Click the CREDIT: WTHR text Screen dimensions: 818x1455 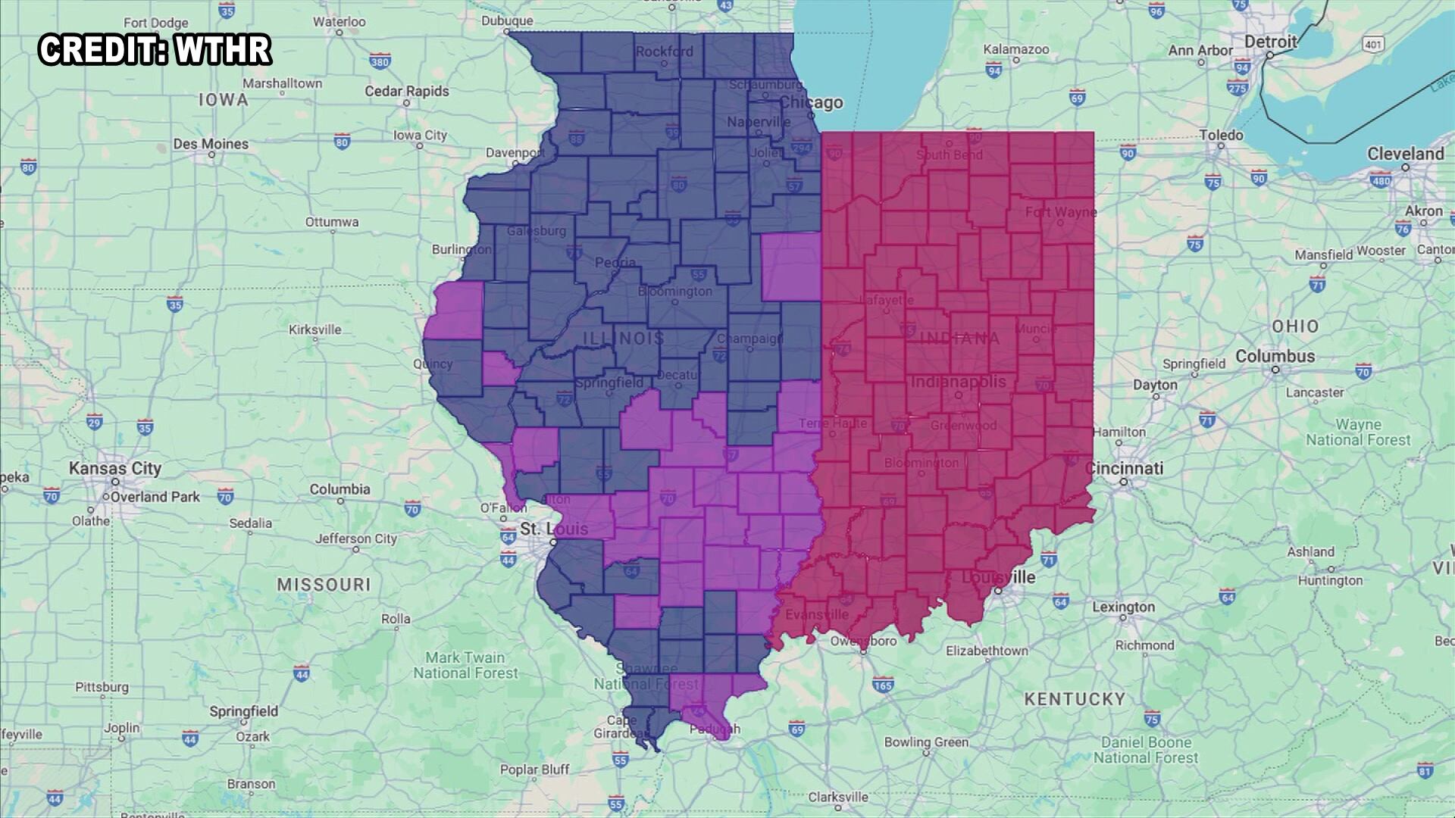click(155, 50)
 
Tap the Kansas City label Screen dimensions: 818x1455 click(115, 468)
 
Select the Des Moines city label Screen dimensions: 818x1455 click(211, 144)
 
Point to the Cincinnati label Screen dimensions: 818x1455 click(1124, 468)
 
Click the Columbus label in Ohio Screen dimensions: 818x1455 click(1275, 356)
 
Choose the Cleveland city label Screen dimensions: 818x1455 click(1406, 154)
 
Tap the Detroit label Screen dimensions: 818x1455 click(1271, 42)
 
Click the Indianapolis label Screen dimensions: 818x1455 click(958, 382)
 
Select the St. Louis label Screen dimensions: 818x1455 click(554, 529)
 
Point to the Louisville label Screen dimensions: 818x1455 click(998, 577)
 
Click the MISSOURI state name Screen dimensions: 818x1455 click(324, 585)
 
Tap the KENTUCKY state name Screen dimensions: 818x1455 click(1075, 699)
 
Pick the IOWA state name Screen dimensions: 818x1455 click(223, 100)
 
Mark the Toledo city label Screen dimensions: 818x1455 click(1221, 136)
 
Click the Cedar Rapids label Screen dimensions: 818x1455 click(407, 92)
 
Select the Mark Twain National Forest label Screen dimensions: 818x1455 click(465, 665)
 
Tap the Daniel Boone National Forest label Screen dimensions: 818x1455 click(1146, 750)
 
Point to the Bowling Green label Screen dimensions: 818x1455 click(926, 742)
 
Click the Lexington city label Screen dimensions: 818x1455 click(1123, 607)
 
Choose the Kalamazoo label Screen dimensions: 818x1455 click(1016, 50)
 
